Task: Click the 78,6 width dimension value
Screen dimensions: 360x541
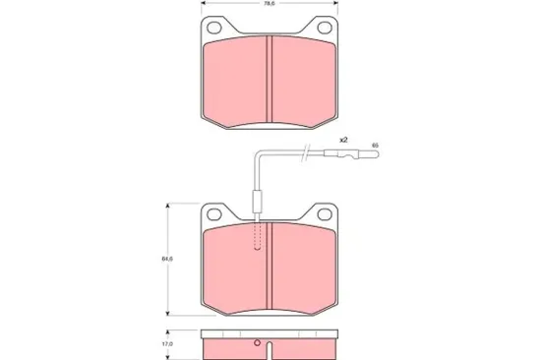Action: (269, 5)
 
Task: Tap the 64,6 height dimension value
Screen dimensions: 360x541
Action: (167, 259)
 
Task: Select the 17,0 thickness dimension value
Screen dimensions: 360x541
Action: (167, 344)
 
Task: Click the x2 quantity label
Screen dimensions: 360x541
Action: (343, 141)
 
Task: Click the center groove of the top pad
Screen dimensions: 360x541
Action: (269, 79)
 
